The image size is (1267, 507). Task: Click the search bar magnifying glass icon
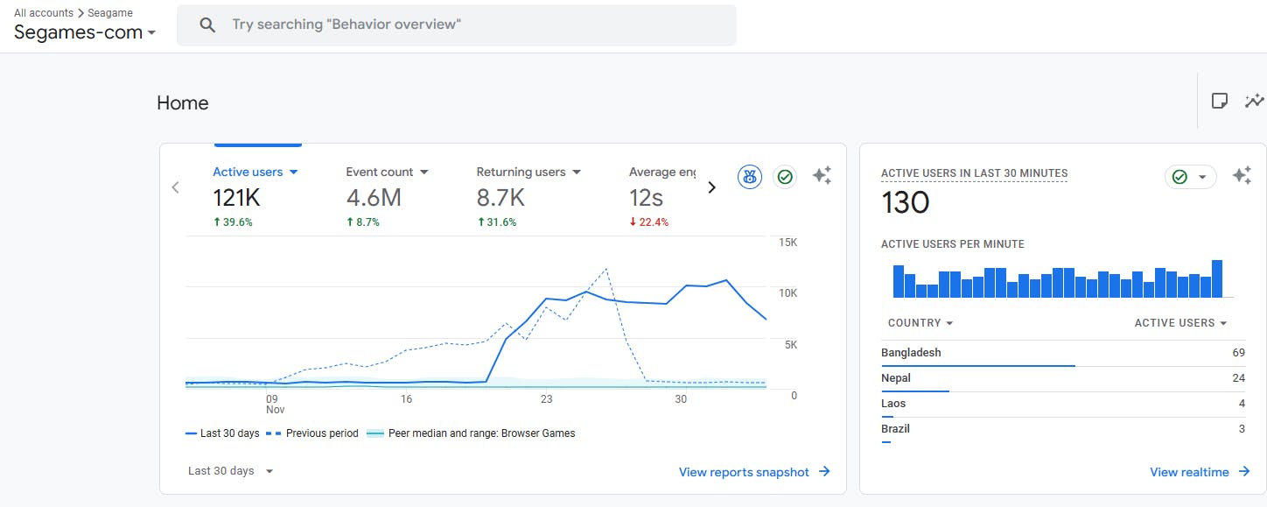coord(207,25)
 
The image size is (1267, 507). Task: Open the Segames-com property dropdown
coord(85,32)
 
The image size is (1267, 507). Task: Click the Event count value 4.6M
coord(374,198)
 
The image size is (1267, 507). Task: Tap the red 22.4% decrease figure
coord(648,222)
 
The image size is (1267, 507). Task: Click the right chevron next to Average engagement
coord(711,187)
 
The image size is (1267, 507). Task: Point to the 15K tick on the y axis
coord(787,242)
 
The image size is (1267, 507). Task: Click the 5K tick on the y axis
coord(790,344)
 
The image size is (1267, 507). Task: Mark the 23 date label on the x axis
coord(546,399)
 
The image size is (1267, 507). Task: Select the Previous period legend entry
coord(316,433)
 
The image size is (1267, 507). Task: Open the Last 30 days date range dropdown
coord(230,471)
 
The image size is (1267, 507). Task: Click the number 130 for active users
coord(905,203)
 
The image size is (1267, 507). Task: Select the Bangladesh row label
coord(911,353)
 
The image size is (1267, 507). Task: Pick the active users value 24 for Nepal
coord(1237,378)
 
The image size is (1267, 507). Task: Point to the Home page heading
coord(183,103)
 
